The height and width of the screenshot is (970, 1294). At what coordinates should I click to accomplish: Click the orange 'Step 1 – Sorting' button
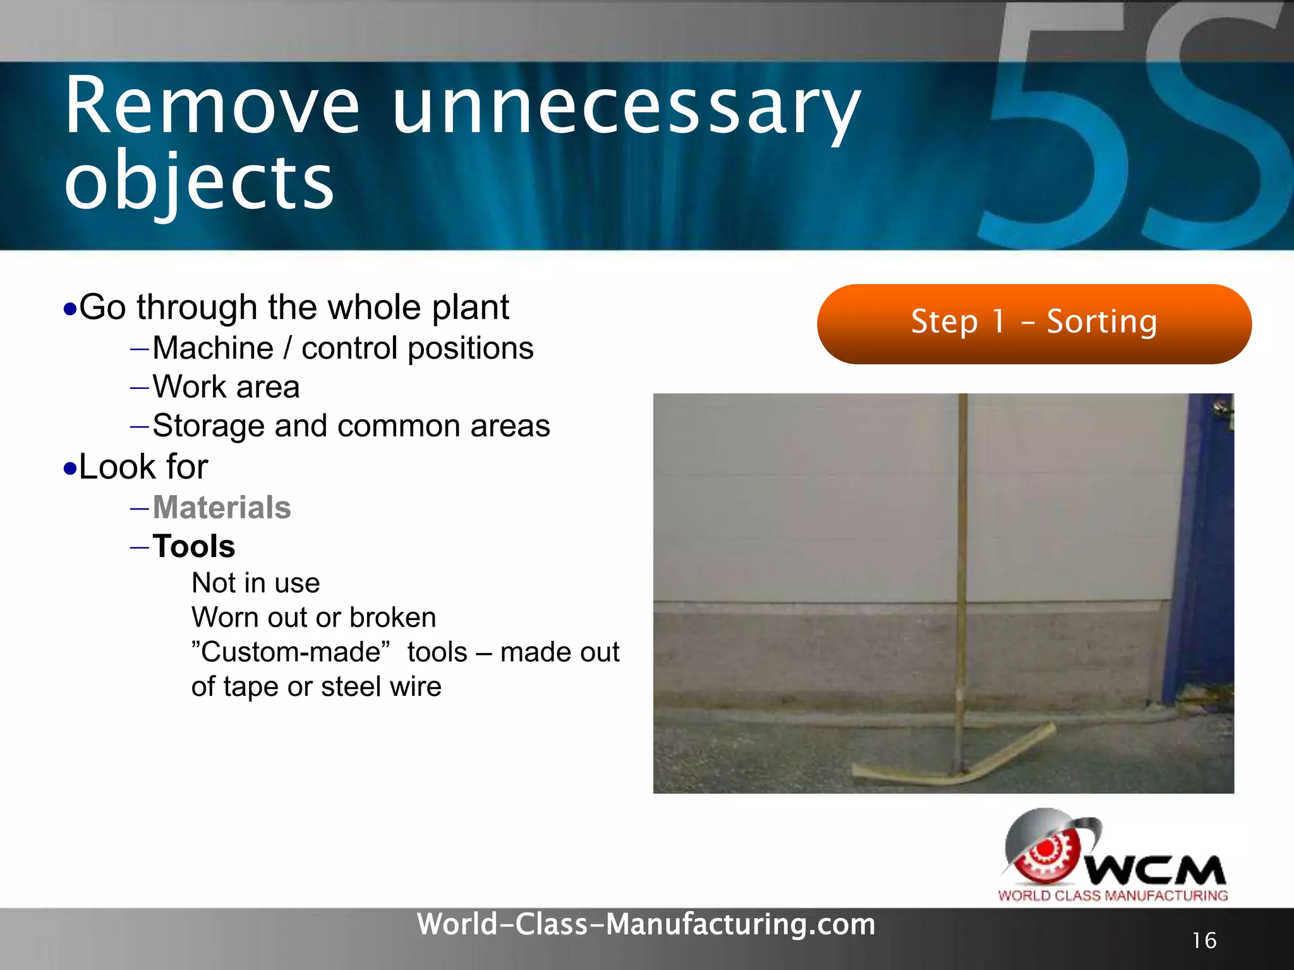point(1034,323)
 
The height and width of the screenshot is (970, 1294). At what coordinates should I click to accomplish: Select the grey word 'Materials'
point(222,508)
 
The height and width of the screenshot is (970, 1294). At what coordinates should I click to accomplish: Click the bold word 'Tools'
point(194,546)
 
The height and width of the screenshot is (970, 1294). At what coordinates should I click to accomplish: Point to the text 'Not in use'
point(256,583)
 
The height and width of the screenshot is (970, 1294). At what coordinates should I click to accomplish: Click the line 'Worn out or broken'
point(314,618)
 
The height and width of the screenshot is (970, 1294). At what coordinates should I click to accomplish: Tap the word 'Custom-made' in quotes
point(291,652)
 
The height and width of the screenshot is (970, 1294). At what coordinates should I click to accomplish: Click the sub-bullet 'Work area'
point(226,387)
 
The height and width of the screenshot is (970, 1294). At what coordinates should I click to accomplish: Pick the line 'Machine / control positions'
point(343,349)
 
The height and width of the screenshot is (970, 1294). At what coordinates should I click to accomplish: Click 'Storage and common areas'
point(351,426)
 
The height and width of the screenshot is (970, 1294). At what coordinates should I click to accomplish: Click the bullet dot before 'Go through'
point(70,309)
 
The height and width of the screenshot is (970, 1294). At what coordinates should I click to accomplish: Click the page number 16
point(1204,941)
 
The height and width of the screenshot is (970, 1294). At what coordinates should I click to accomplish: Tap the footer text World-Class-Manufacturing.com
point(646,925)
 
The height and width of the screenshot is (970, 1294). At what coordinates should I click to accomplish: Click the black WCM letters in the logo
point(1156,871)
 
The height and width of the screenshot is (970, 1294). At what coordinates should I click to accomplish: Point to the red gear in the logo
point(1046,853)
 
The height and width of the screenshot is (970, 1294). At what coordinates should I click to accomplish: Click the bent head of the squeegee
point(954,761)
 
